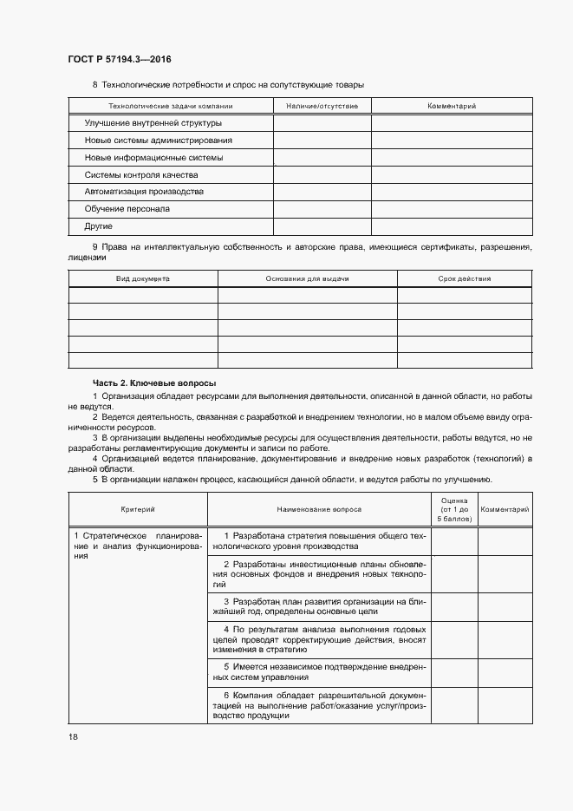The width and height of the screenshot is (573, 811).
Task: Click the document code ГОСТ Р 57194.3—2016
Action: click(x=120, y=59)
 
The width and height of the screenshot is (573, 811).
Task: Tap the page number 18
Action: click(x=73, y=736)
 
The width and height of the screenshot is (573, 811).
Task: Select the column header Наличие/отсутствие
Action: click(x=322, y=106)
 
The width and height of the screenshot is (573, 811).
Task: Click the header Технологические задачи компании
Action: click(x=171, y=106)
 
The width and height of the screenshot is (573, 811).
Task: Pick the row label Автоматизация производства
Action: click(x=144, y=192)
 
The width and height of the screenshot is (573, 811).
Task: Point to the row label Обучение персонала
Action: click(x=127, y=209)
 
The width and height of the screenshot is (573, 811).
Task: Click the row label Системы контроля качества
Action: click(x=140, y=174)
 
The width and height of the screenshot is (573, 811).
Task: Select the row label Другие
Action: click(x=99, y=226)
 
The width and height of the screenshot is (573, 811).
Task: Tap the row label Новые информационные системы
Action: click(x=153, y=158)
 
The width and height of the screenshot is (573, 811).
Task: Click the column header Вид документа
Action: click(x=143, y=279)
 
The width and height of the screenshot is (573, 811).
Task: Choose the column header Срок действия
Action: click(x=465, y=279)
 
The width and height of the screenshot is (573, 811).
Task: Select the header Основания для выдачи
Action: click(x=307, y=279)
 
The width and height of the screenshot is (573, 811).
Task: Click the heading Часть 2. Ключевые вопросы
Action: click(x=154, y=383)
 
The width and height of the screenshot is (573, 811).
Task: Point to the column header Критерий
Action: click(x=138, y=509)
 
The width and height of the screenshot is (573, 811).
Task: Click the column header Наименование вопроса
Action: click(x=319, y=509)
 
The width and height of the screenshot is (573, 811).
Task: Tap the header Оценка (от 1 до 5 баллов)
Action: click(x=454, y=509)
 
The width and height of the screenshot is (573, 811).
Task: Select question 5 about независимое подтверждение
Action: click(x=319, y=671)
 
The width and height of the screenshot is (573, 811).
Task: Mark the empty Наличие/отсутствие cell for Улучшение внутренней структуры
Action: click(x=322, y=123)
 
